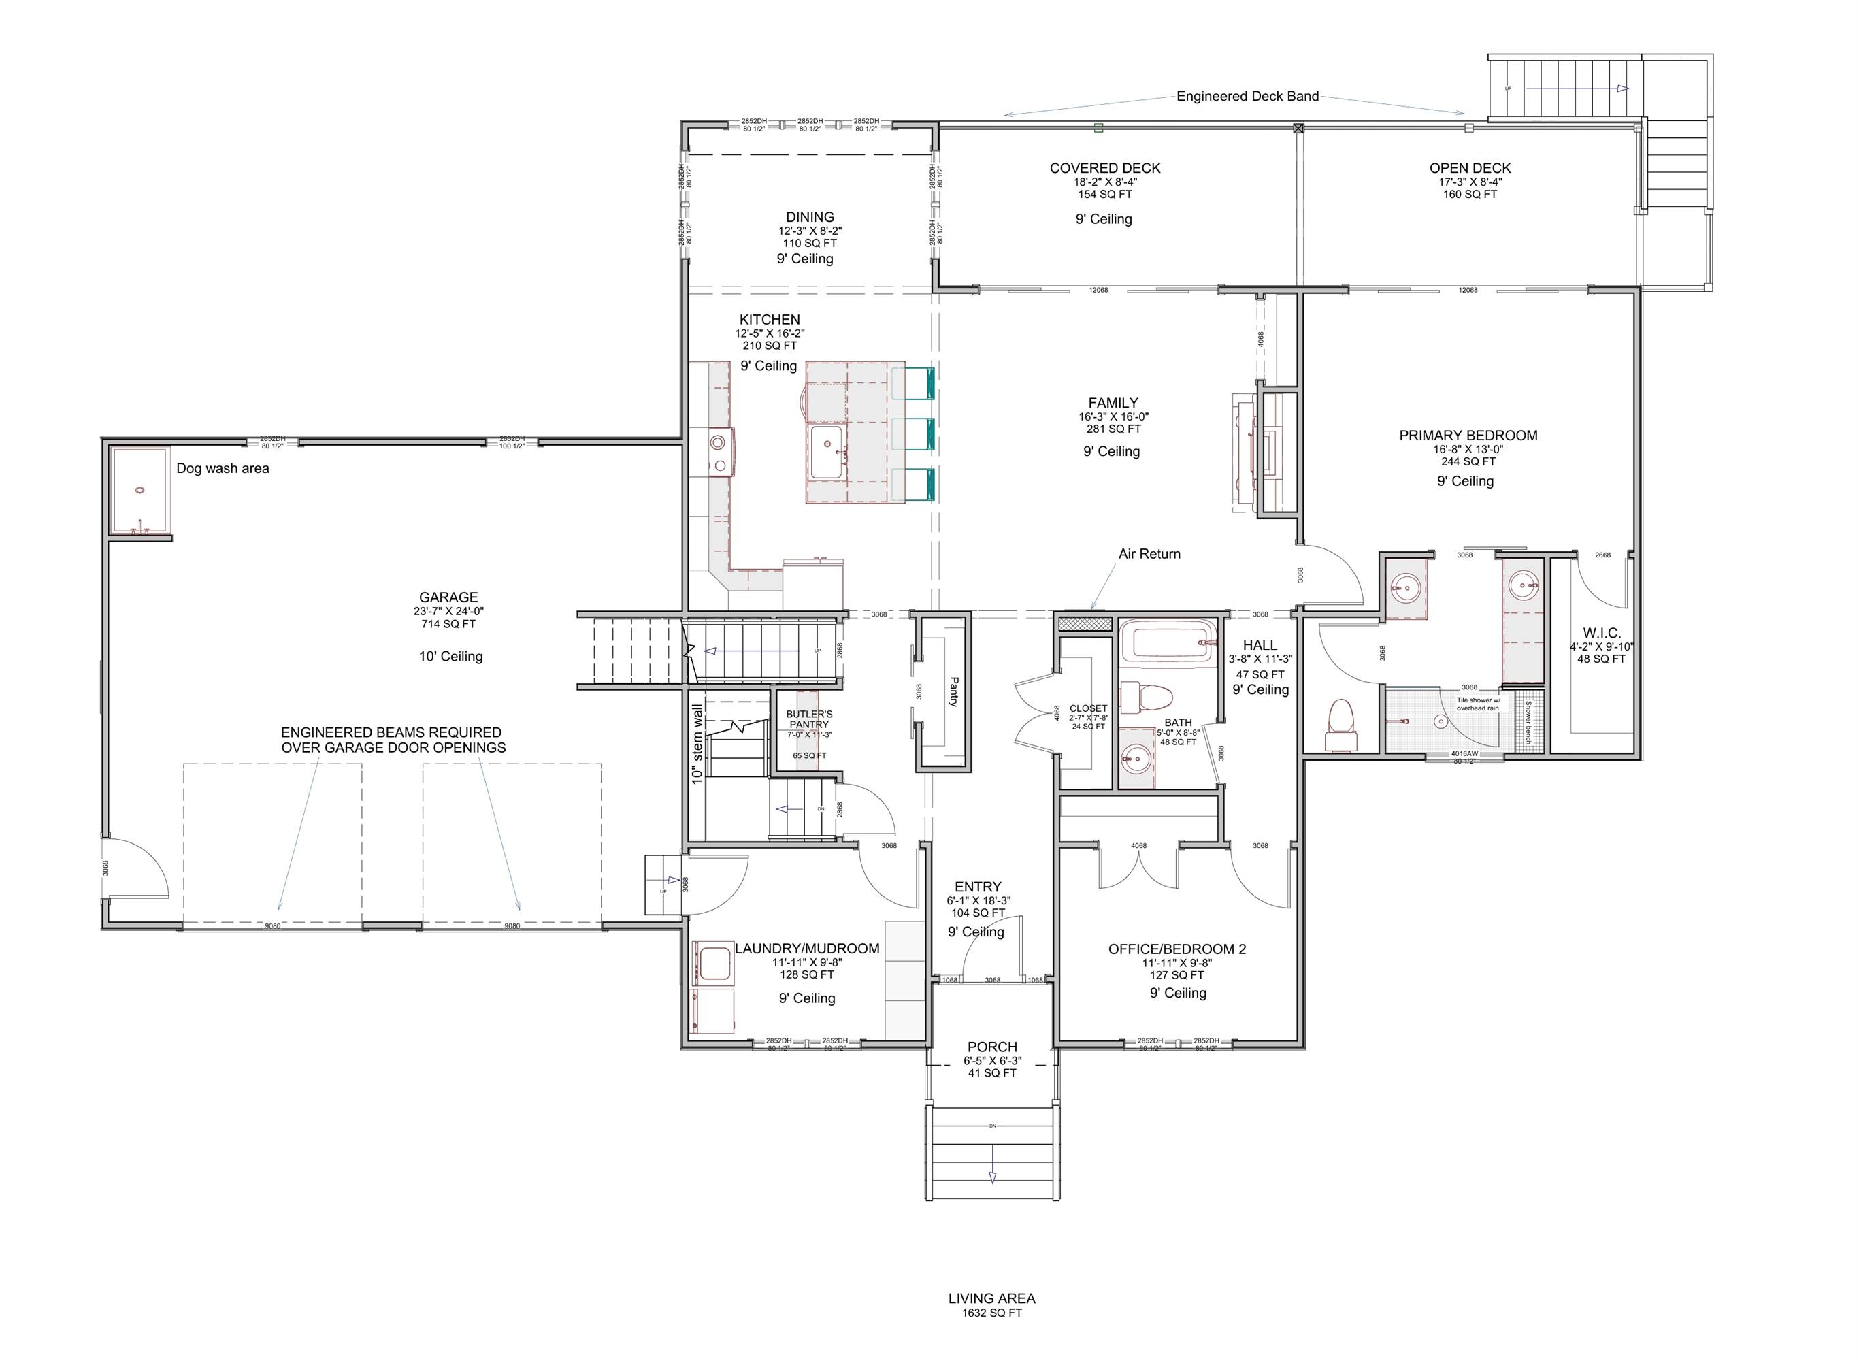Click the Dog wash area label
point(223,469)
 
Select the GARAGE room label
point(448,597)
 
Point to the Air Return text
point(1149,555)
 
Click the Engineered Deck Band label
point(1247,97)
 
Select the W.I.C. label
point(1601,633)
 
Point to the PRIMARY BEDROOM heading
point(1468,436)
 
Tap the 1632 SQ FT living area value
point(991,1313)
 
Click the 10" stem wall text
point(697,744)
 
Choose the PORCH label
point(991,1047)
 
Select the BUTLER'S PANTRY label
point(809,719)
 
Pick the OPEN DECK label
point(1469,168)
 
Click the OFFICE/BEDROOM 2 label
point(1177,949)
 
